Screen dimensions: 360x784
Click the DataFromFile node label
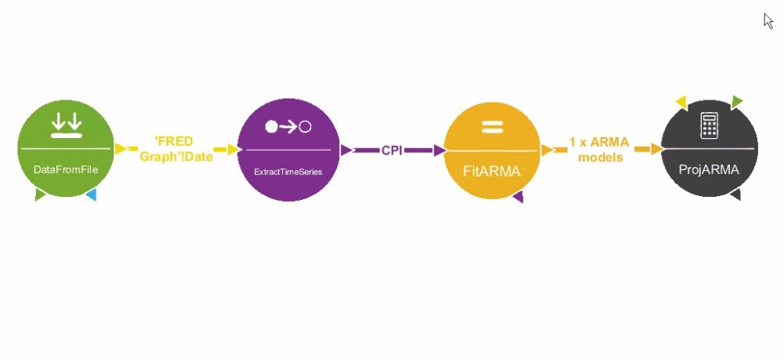click(65, 169)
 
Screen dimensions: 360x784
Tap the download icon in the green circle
click(66, 125)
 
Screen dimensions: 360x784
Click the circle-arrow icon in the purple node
click(289, 126)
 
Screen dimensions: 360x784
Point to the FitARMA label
click(491, 169)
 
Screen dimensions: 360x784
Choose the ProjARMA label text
click(709, 169)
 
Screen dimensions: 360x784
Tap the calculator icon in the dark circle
click(710, 125)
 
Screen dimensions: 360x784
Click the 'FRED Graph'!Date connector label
click(176, 149)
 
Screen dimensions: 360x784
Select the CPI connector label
click(392, 150)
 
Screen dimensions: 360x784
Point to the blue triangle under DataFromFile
click(91, 195)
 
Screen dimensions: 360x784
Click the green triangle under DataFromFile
click(40, 195)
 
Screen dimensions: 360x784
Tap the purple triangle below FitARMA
click(517, 197)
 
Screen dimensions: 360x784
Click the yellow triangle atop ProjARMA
click(681, 101)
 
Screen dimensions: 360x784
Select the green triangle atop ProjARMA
click(737, 101)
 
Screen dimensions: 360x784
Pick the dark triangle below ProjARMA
click(735, 195)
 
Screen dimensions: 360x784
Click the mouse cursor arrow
click(768, 20)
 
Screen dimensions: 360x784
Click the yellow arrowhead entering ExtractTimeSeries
click(233, 149)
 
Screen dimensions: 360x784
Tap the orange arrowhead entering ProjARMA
click(656, 149)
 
